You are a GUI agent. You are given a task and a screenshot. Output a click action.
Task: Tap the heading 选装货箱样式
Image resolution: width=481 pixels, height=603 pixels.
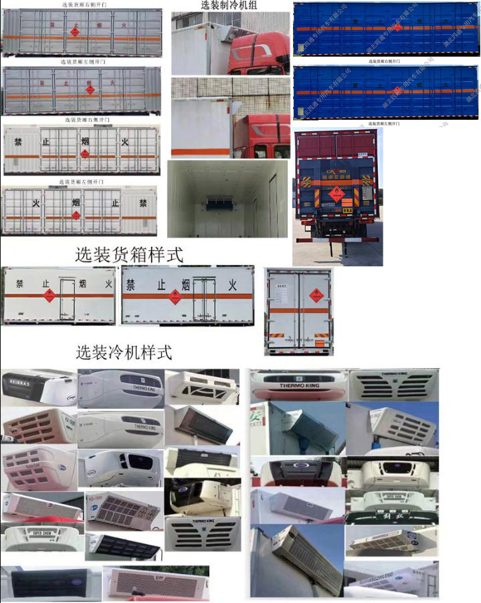click(x=128, y=254)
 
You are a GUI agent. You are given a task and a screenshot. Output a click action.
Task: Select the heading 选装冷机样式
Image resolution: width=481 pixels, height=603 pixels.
click(x=124, y=352)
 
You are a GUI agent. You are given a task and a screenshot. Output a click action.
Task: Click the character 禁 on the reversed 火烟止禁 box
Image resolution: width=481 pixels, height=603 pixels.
click(x=142, y=202)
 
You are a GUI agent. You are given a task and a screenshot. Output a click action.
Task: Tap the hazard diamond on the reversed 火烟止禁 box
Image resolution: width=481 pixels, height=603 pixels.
click(x=76, y=216)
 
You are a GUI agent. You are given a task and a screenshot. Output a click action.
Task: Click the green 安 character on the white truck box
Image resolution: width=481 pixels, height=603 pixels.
click(x=256, y=417)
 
